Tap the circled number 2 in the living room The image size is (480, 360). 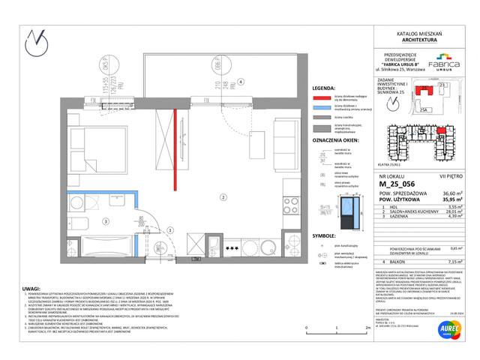[x=222, y=198]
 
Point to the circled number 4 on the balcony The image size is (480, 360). [x=240, y=82]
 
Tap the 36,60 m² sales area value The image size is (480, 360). [x=444, y=193]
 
